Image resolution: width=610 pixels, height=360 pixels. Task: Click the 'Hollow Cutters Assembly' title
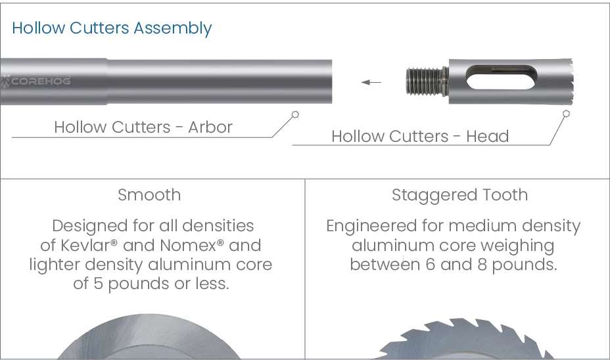pyautogui.click(x=112, y=28)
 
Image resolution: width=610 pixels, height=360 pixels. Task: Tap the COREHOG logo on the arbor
pyautogui.click(x=35, y=81)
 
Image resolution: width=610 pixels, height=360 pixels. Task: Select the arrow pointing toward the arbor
pyautogui.click(x=371, y=82)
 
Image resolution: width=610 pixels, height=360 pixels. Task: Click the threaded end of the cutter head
pyautogui.click(x=425, y=81)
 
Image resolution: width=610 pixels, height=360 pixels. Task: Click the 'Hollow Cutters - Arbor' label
pyautogui.click(x=143, y=127)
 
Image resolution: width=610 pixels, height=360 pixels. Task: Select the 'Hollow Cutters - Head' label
pyautogui.click(x=420, y=136)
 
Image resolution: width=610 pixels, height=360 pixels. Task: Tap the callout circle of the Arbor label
pyautogui.click(x=295, y=114)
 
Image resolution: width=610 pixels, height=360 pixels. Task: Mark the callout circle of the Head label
pyautogui.click(x=567, y=114)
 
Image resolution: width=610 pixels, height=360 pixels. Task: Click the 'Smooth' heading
pyautogui.click(x=149, y=194)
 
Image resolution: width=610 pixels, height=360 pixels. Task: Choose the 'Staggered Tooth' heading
pyautogui.click(x=460, y=194)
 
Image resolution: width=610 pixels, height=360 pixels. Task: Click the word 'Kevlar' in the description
pyautogui.click(x=85, y=245)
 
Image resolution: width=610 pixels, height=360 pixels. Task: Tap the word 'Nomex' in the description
pyautogui.click(x=188, y=245)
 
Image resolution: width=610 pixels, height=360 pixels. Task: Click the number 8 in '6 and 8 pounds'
pyautogui.click(x=482, y=265)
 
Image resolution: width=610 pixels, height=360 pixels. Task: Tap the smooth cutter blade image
pyautogui.click(x=149, y=336)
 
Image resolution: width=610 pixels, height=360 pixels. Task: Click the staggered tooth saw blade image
pyautogui.click(x=463, y=339)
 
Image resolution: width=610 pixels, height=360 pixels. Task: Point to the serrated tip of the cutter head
pyautogui.click(x=571, y=81)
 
